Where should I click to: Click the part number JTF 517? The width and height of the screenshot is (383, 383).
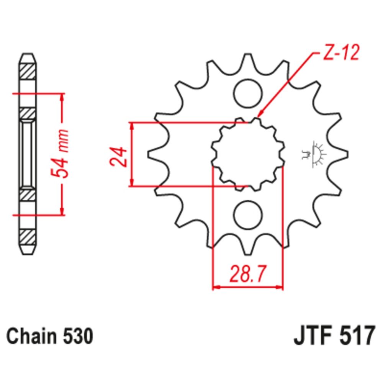332,337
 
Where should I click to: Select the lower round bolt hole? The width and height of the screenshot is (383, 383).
248,215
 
